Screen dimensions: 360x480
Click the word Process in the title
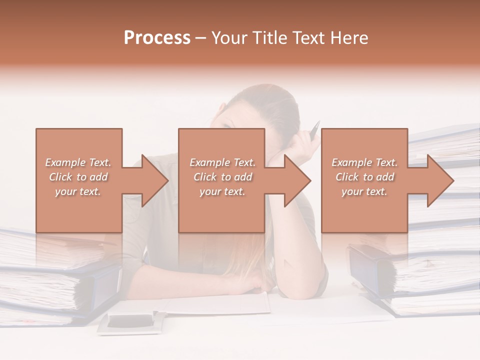(157, 38)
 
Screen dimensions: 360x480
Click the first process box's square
(79, 210)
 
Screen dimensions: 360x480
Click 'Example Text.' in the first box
(78, 162)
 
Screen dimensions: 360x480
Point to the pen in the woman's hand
(314, 131)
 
